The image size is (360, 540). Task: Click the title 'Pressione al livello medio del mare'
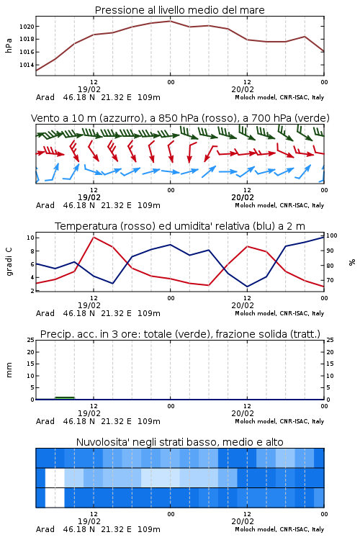[x=179, y=10]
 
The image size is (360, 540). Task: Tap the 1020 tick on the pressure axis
[x=27, y=27]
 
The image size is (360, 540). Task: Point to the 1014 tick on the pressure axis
[x=27, y=65]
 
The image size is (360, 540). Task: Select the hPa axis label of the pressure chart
[x=9, y=45]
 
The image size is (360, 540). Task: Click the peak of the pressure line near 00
[x=170, y=21]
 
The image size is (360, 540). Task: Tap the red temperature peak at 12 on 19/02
[x=94, y=237]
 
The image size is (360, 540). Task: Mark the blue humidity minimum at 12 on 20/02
[x=247, y=287]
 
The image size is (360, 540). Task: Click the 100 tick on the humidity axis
[x=332, y=235]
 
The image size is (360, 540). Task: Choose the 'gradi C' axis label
[x=9, y=262]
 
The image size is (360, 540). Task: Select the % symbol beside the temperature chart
[x=352, y=262]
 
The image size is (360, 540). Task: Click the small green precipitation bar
[x=65, y=398]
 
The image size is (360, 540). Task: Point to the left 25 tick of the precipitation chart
[x=31, y=340]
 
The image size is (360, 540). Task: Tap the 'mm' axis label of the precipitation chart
[x=9, y=370]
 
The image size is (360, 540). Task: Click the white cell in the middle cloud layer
[x=55, y=477]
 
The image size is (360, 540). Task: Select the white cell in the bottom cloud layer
[x=55, y=498]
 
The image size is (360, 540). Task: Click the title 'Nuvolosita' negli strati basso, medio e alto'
[x=179, y=442]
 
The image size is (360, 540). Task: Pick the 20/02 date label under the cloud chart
[x=243, y=521]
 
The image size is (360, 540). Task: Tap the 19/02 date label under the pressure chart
[x=89, y=89]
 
